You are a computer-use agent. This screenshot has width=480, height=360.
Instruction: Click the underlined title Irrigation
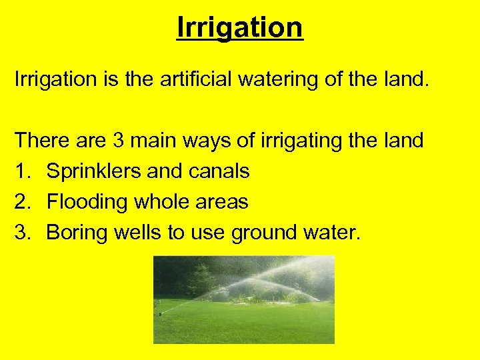[x=240, y=28]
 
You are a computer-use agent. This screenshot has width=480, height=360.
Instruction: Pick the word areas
[x=223, y=201]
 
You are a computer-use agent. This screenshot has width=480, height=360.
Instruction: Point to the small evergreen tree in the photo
[x=199, y=279]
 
